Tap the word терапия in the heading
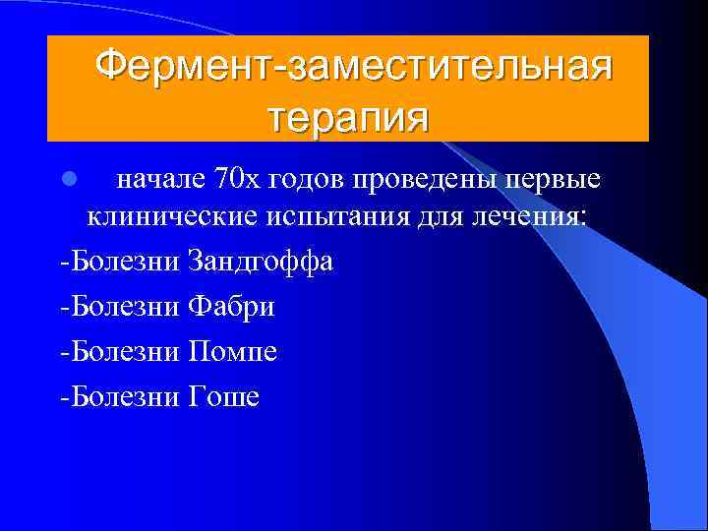(x=349, y=118)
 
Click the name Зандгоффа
(x=260, y=263)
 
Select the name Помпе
(x=231, y=351)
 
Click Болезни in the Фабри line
(x=122, y=307)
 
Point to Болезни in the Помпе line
(x=122, y=351)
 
